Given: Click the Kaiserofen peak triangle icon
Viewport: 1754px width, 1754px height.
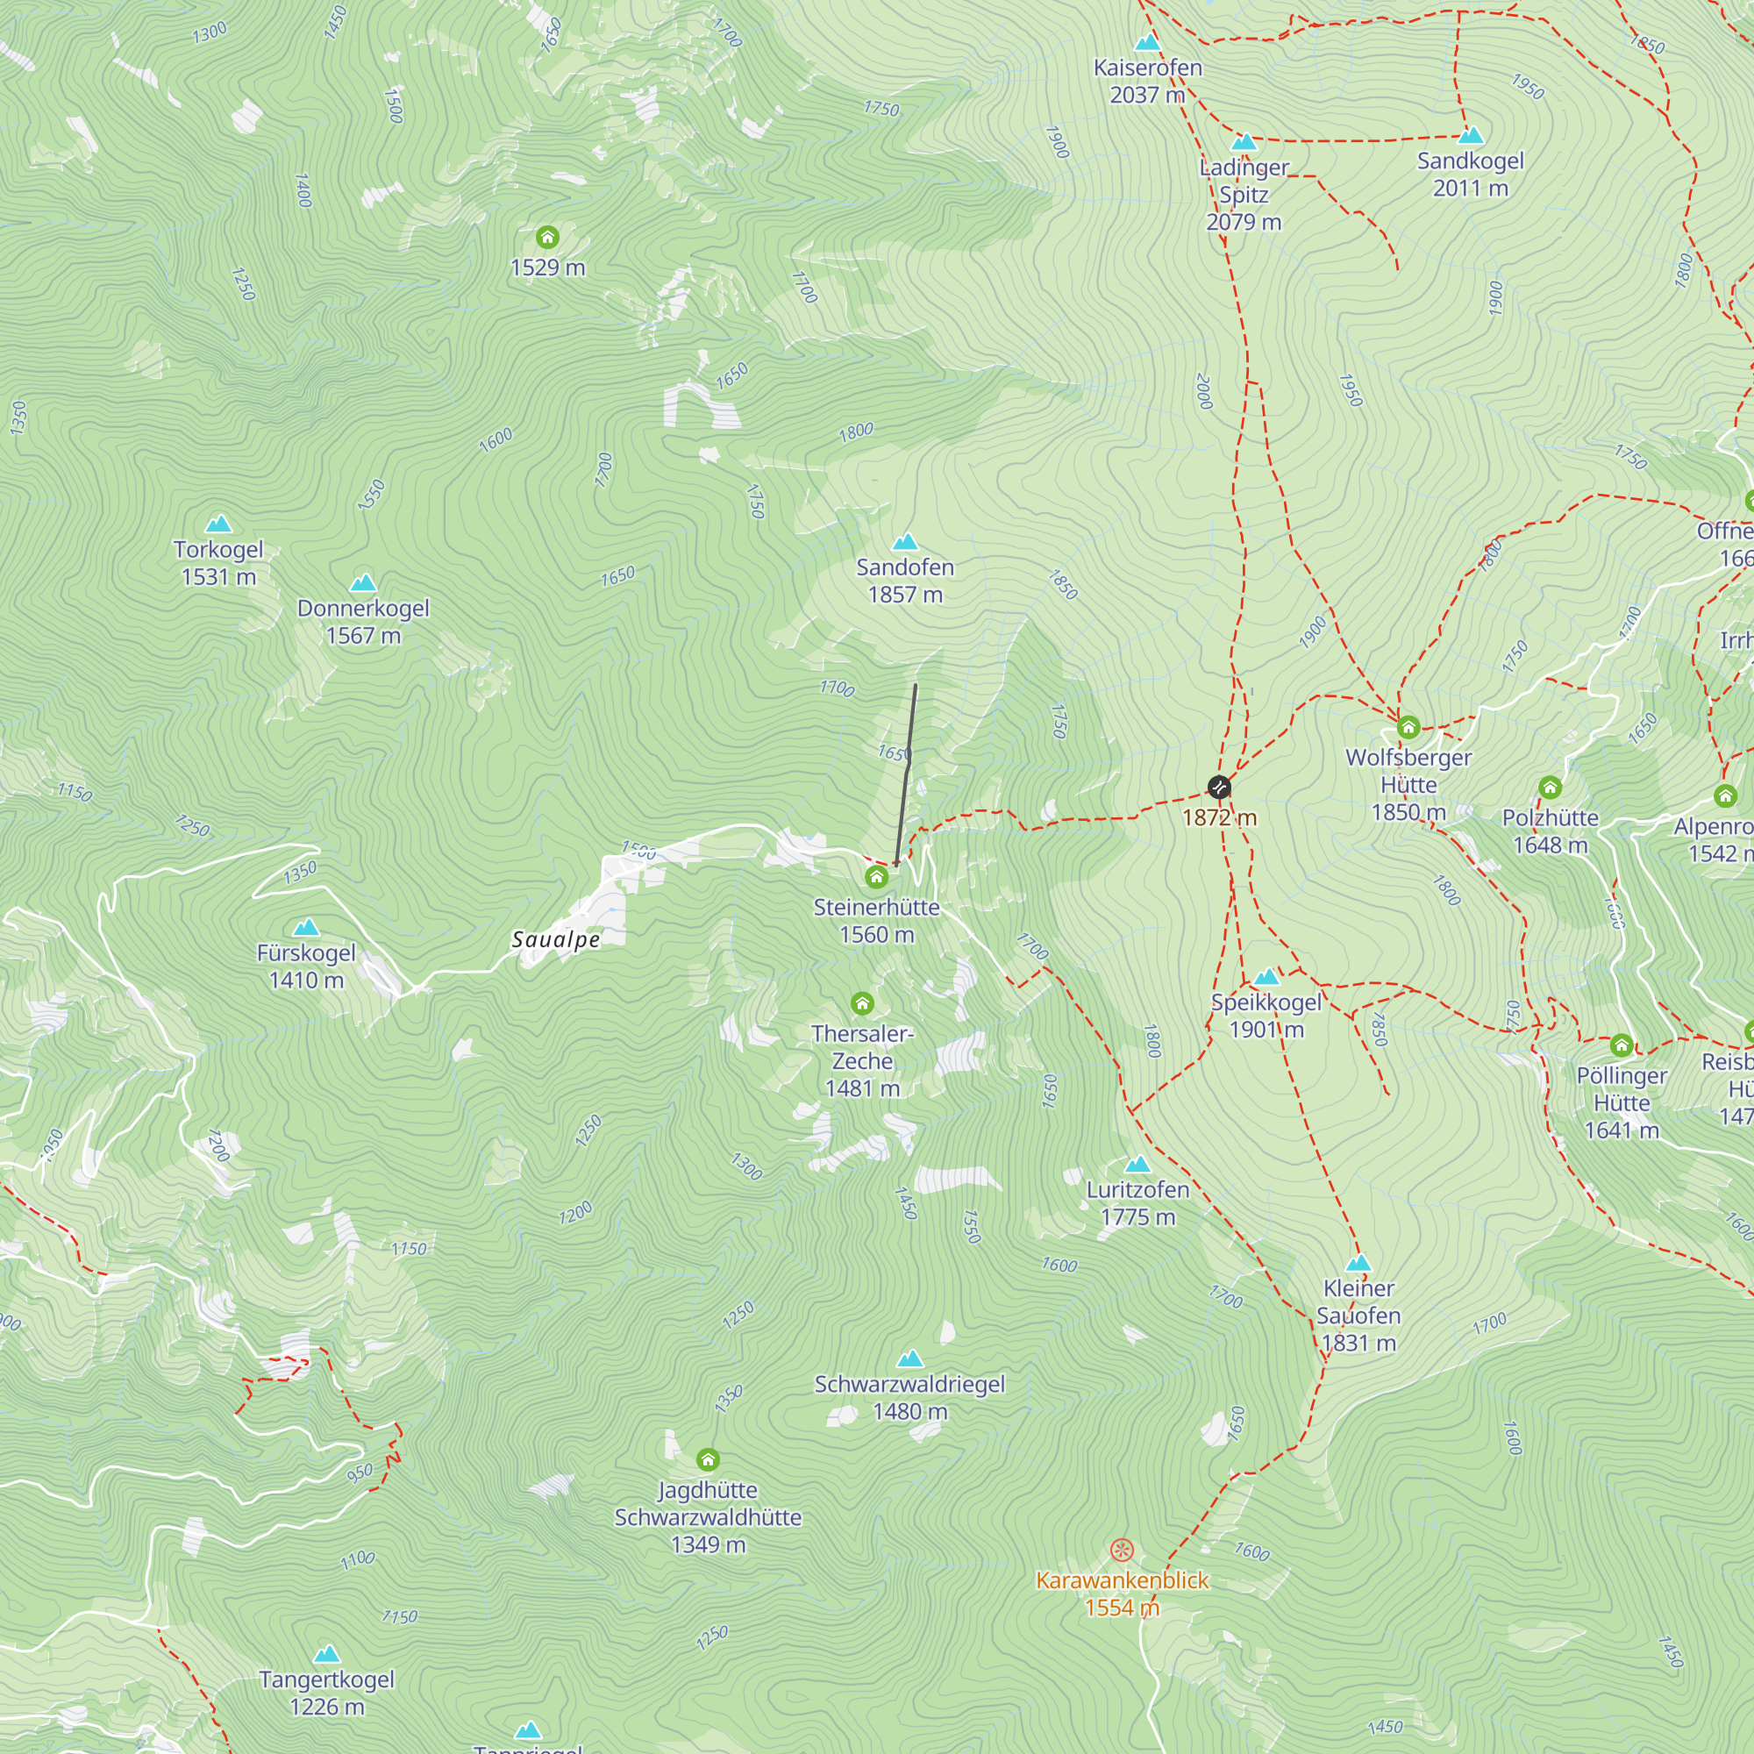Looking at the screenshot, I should point(1147,43).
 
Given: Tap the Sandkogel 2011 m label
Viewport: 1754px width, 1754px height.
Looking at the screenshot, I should point(1470,175).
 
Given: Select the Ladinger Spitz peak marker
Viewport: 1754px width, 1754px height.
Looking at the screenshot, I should point(1244,143).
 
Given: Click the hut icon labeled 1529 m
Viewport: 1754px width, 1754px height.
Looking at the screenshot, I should point(546,238).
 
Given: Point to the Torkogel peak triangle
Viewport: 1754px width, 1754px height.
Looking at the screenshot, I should point(218,524).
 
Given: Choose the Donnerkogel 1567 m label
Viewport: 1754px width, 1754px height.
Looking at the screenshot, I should point(363,622).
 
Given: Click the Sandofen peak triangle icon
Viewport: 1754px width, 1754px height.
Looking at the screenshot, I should point(905,543).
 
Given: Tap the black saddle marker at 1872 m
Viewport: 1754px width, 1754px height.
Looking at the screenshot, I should point(1219,788).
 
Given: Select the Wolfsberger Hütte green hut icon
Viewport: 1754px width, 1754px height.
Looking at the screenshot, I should point(1408,727).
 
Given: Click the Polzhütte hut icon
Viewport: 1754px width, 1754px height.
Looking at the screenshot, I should point(1550,788).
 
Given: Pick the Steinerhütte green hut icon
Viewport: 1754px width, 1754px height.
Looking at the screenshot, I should point(876,877).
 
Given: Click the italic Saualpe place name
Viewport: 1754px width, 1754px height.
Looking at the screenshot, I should point(556,939).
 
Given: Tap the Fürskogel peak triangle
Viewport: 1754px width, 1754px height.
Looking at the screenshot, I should point(307,928).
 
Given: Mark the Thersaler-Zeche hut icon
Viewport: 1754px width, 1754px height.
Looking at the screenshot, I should point(862,1003).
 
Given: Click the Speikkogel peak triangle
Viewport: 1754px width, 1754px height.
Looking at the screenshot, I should point(1266,978).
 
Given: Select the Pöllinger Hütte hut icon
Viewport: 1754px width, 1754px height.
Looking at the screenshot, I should point(1622,1045).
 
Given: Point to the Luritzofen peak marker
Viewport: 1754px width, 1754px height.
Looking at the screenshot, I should point(1137,1165).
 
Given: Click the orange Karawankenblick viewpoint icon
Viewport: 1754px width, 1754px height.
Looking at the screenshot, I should point(1123,1550).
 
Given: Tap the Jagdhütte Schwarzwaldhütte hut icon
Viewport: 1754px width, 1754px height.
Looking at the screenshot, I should point(708,1460).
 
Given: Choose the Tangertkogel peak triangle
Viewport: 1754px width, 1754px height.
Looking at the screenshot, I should point(327,1654).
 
